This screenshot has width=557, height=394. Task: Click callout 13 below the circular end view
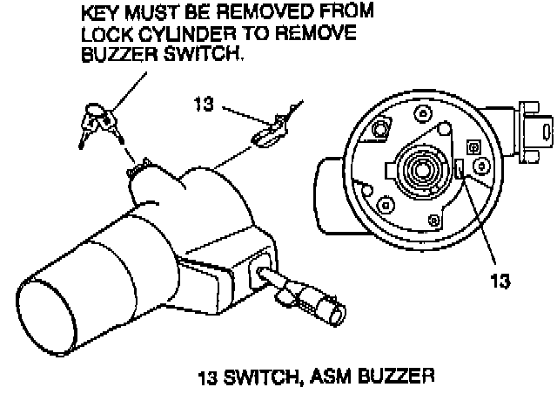(498, 282)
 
